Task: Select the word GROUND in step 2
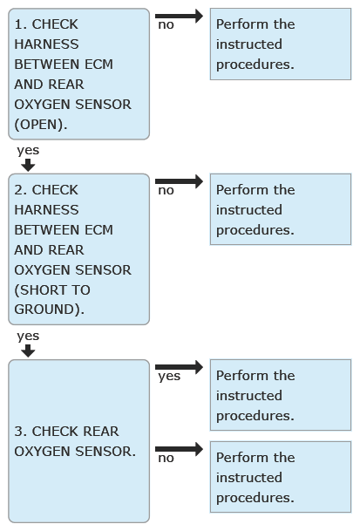pos(44,310)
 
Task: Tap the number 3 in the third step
pos(18,431)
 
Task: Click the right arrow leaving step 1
pos(179,16)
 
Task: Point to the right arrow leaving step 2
pos(179,181)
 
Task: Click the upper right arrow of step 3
pos(179,367)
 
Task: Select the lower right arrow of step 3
pos(179,449)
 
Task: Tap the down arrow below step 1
pos(28,166)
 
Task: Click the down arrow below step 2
pos(28,351)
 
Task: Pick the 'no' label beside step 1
pos(166,25)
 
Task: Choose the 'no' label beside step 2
pos(166,191)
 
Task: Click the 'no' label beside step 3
pos(166,458)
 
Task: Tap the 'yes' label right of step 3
pos(169,377)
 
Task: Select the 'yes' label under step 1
pos(28,151)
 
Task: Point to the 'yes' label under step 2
pos(28,337)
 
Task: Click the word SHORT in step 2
pos(44,289)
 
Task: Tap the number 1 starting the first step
pos(18,24)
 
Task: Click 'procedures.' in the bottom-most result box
pos(255,498)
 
